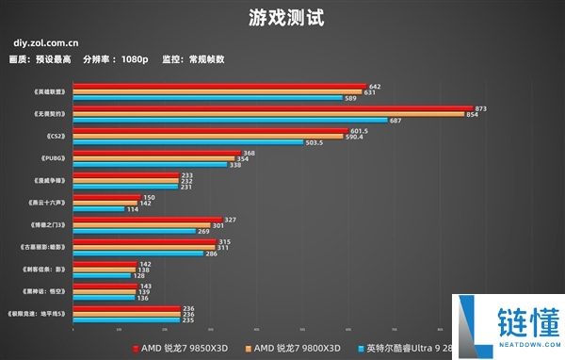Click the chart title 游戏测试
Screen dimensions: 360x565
[282, 18]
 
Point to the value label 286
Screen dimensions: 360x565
[211, 254]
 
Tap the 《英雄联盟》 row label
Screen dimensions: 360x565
[49, 91]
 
